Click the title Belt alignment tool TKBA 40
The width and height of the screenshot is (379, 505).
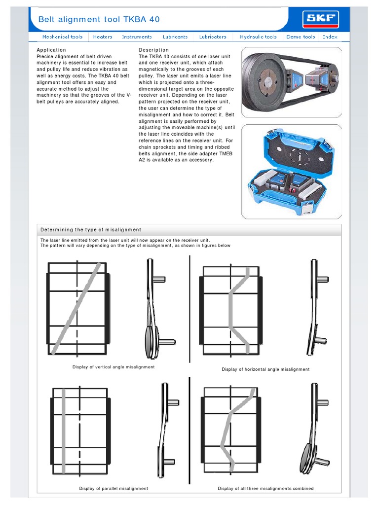click(99, 19)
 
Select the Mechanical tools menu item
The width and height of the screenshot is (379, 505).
click(62, 37)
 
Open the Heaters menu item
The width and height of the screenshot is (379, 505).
click(103, 37)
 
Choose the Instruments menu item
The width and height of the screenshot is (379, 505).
click(137, 37)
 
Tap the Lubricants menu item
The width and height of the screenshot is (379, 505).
click(175, 37)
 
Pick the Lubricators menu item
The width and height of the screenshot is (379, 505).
click(213, 37)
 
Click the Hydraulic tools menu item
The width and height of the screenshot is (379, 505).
click(258, 37)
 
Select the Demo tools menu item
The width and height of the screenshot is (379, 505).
click(301, 37)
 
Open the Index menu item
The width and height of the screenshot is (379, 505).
click(330, 37)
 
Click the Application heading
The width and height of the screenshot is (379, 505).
click(51, 50)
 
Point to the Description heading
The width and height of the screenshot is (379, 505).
click(153, 50)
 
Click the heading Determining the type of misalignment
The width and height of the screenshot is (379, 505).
click(91, 230)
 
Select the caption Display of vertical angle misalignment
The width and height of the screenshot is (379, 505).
click(114, 367)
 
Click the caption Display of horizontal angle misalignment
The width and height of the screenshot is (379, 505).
click(265, 369)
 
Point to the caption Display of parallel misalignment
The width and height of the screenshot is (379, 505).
click(114, 489)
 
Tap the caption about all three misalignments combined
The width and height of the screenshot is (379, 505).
click(265, 489)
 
